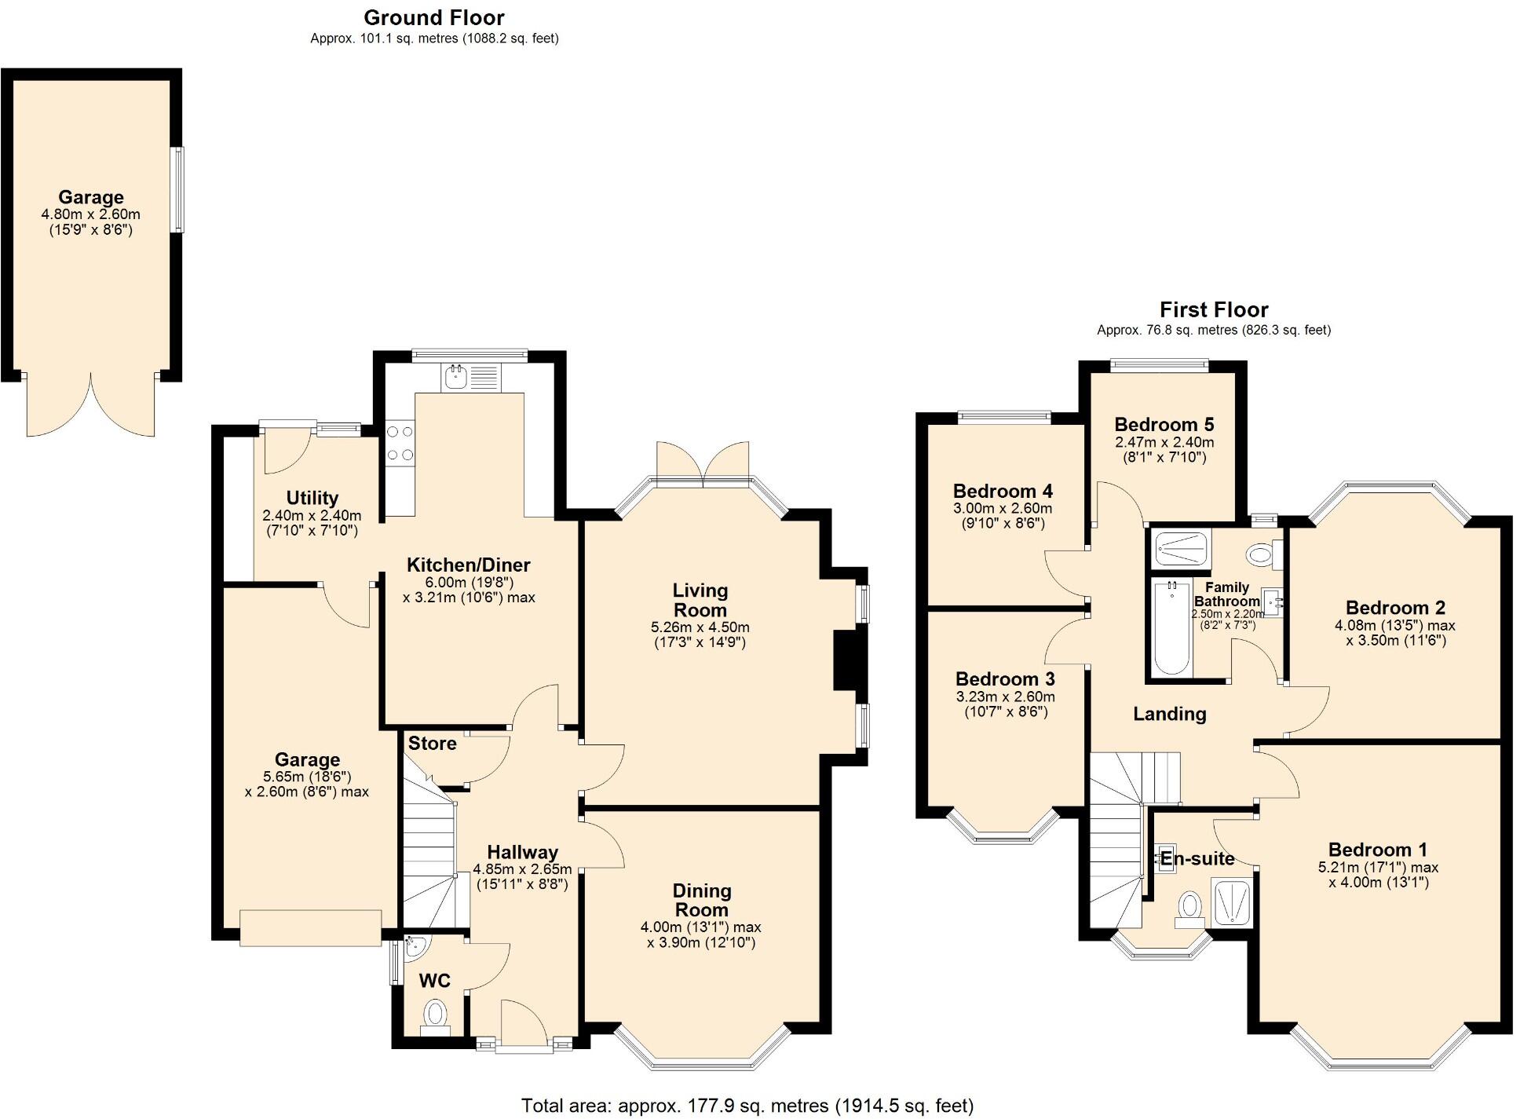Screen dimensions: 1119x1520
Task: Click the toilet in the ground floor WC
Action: (x=434, y=1014)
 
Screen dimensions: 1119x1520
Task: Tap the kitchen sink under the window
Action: (x=455, y=377)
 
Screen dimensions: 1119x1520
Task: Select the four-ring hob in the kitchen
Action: (x=399, y=443)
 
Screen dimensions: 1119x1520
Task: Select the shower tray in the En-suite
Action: (x=1232, y=902)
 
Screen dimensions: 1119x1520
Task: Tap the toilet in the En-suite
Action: (x=1190, y=905)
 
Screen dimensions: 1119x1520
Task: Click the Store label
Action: (x=432, y=744)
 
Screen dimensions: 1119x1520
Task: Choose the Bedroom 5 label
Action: (x=1164, y=425)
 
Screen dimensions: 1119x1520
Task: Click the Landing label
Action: (x=1169, y=714)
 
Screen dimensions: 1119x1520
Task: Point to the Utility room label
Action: (x=312, y=498)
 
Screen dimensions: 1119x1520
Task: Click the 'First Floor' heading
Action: (x=1213, y=309)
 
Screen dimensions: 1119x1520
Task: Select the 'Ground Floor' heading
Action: (x=433, y=17)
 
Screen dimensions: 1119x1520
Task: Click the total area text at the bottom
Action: (x=747, y=1106)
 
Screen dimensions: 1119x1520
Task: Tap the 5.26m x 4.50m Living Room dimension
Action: (x=700, y=627)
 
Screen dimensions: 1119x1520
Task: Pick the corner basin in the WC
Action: (x=414, y=947)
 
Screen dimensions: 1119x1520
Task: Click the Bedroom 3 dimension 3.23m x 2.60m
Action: (x=1004, y=697)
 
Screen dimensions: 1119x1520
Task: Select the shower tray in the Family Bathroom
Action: (x=1181, y=549)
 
